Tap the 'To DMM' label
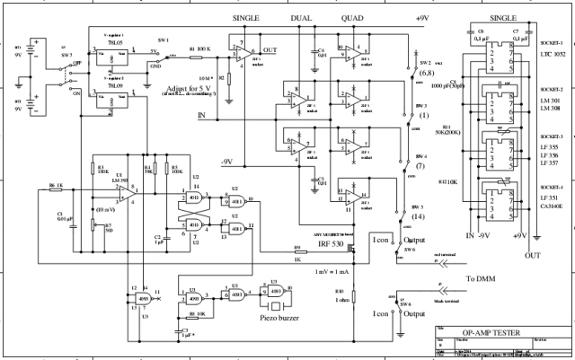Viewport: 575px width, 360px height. click(x=482, y=280)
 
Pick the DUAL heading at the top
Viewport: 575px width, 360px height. click(x=300, y=18)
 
